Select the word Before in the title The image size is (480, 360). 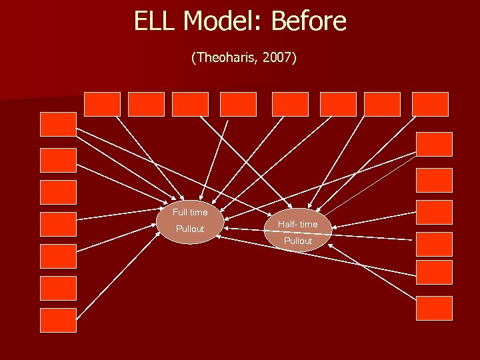click(309, 21)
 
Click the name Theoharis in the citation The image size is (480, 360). click(227, 58)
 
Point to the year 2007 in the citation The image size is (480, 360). click(277, 58)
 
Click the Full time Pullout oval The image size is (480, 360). click(190, 221)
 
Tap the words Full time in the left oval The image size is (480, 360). click(190, 212)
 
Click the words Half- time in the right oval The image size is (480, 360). click(297, 224)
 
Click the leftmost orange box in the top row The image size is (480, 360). click(102, 104)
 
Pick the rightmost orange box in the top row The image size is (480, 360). click(430, 104)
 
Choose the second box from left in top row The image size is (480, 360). click(146, 104)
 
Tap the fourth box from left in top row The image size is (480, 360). click(238, 104)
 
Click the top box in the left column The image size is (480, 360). click(59, 125)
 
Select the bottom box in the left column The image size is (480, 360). click(59, 320)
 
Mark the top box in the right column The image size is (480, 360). click(434, 144)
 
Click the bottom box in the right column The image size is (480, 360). click(434, 308)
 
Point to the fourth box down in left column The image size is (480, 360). click(59, 225)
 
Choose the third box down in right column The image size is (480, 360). click(434, 212)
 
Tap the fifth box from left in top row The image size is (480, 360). click(290, 104)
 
